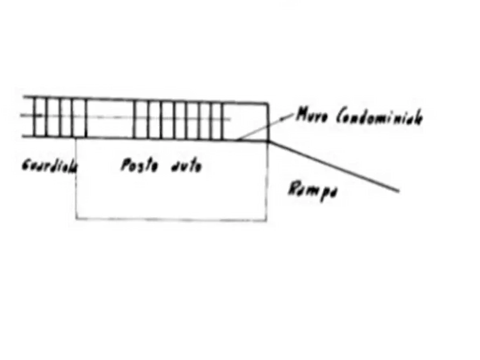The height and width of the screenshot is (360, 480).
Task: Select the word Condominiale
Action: [378, 117]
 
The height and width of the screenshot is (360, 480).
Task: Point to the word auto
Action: [185, 166]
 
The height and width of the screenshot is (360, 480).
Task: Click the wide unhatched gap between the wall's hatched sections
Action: [110, 118]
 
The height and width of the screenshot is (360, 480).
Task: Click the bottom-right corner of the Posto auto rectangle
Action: [267, 219]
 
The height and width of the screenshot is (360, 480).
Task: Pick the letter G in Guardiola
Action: [25, 165]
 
